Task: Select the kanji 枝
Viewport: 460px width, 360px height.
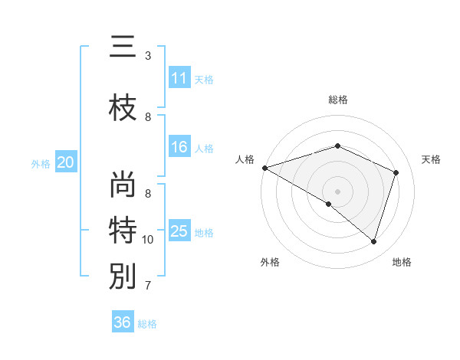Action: [x=123, y=108]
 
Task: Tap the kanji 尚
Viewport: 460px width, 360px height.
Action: [x=123, y=186]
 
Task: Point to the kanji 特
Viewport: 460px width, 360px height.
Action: [x=123, y=230]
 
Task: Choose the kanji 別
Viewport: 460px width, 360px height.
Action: [x=123, y=276]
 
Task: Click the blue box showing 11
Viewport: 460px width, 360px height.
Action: [x=179, y=78]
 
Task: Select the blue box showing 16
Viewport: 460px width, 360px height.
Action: [x=179, y=148]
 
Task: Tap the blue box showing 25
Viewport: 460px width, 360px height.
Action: [x=179, y=231]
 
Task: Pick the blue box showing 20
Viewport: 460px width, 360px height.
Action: [x=66, y=162]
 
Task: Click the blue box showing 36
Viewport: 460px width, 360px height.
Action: [x=123, y=322]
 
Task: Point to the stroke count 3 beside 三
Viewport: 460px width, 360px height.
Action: [x=148, y=56]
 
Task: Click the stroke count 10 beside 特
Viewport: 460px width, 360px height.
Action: [x=148, y=240]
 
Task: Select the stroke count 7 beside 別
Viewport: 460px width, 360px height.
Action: [x=148, y=286]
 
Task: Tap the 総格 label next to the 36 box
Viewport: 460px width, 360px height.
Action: [x=147, y=324]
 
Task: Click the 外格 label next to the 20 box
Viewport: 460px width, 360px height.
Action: [x=41, y=163]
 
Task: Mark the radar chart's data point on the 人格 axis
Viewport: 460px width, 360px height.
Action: [x=264, y=168]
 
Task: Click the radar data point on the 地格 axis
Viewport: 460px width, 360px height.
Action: [x=374, y=241]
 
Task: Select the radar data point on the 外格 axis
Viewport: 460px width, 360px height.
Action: [x=329, y=204]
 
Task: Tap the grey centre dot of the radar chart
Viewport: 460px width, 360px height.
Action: [x=337, y=191]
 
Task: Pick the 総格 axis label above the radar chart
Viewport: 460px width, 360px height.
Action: [x=337, y=100]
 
